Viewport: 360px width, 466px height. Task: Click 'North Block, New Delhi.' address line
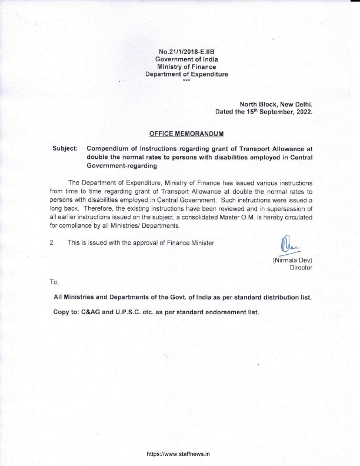(x=276, y=103)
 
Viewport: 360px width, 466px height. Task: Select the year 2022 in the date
(x=302, y=111)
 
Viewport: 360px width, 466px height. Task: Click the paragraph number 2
(x=52, y=242)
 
